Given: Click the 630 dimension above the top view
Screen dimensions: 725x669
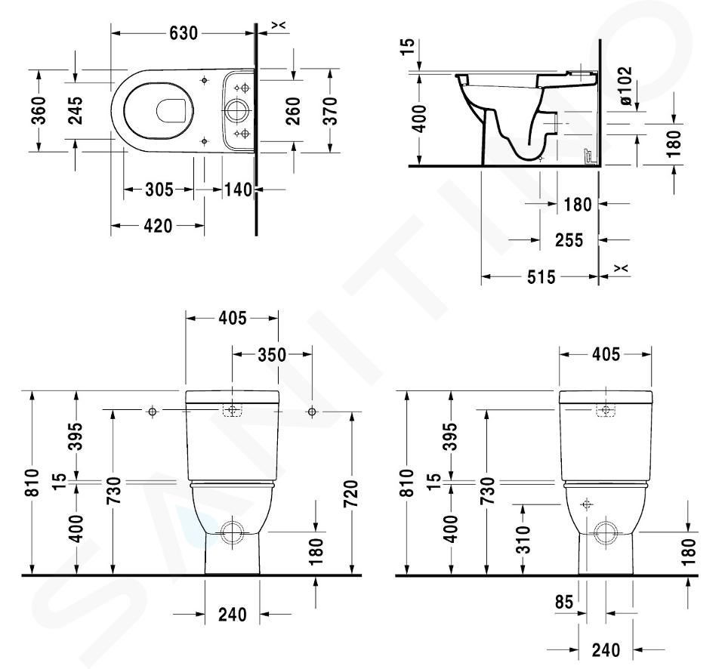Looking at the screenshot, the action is coord(184,33).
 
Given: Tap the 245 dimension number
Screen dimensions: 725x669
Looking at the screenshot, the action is coord(75,110).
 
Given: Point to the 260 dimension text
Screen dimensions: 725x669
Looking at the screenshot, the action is coord(293,111).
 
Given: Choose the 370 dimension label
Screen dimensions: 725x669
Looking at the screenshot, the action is coord(330,111).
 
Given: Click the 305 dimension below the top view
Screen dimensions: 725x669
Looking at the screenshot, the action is coord(159,190).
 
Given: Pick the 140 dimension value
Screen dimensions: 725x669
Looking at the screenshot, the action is coord(239,190).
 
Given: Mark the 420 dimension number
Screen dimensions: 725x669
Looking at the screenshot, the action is coord(158,226).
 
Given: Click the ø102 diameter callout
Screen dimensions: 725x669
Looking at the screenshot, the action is coord(625,86).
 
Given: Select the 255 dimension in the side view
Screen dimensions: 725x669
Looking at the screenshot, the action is coord(569,240).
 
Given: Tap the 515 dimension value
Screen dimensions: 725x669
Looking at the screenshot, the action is coord(541,277).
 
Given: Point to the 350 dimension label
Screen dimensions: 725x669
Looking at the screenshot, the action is coord(272,355).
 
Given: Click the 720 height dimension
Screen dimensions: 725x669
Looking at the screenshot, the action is coord(351,494).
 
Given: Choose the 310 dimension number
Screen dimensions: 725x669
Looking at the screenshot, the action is coord(523,540).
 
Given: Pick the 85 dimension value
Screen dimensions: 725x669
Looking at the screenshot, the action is coord(564,602).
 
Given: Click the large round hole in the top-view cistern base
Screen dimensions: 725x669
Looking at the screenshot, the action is coord(237,110).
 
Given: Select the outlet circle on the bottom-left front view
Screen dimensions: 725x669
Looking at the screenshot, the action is coord(232,532).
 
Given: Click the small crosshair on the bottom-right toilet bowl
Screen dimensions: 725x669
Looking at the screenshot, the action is coord(587,504).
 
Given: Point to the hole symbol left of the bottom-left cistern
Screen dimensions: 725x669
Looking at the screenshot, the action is coord(152,411).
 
